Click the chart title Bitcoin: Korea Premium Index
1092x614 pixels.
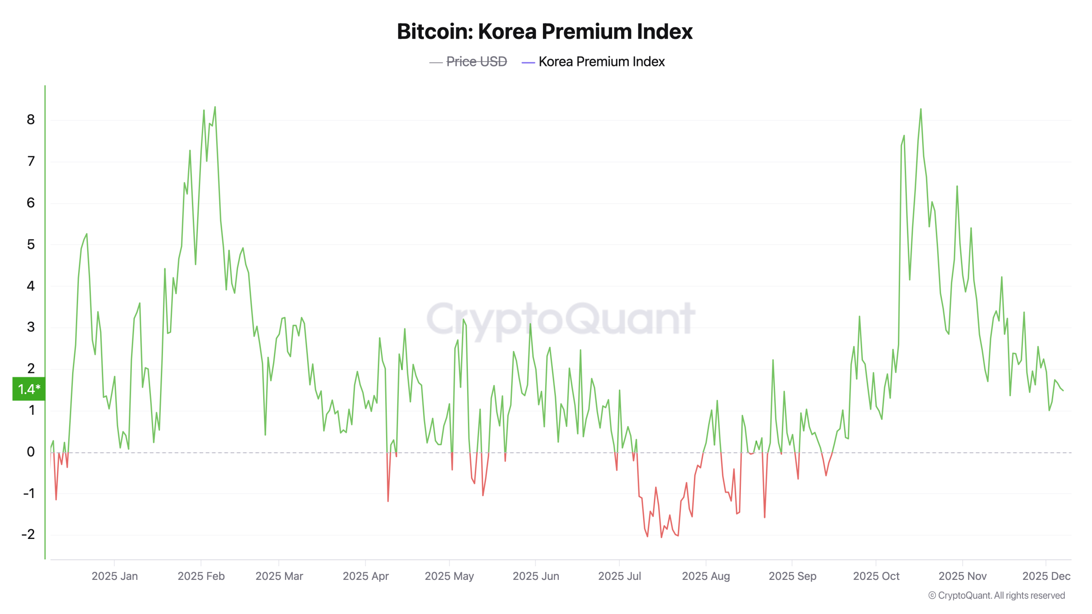pyautogui.click(x=544, y=32)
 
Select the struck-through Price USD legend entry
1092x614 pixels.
pyautogui.click(x=476, y=62)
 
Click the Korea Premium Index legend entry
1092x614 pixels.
pyautogui.click(x=601, y=62)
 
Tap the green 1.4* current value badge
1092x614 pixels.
pyautogui.click(x=29, y=389)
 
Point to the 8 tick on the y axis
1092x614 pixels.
pyautogui.click(x=31, y=120)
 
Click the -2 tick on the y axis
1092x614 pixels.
pyautogui.click(x=29, y=534)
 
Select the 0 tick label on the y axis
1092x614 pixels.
pyautogui.click(x=31, y=452)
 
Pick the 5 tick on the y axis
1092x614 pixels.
pyautogui.click(x=31, y=245)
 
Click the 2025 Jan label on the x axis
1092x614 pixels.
pyautogui.click(x=114, y=576)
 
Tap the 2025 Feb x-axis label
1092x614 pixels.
pyautogui.click(x=201, y=576)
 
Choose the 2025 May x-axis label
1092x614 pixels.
pyautogui.click(x=449, y=576)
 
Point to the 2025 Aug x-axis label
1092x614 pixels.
pyautogui.click(x=706, y=576)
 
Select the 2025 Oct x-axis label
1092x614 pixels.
pyautogui.click(x=876, y=576)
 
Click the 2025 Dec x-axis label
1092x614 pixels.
pyautogui.click(x=1046, y=576)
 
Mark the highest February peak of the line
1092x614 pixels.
pyautogui.click(x=215, y=107)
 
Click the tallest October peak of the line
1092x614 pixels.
pyautogui.click(x=921, y=110)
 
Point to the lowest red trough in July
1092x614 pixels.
pyautogui.click(x=662, y=537)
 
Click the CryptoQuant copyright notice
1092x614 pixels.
pyautogui.click(x=996, y=595)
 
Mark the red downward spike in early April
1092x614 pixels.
pyautogui.click(x=388, y=501)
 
